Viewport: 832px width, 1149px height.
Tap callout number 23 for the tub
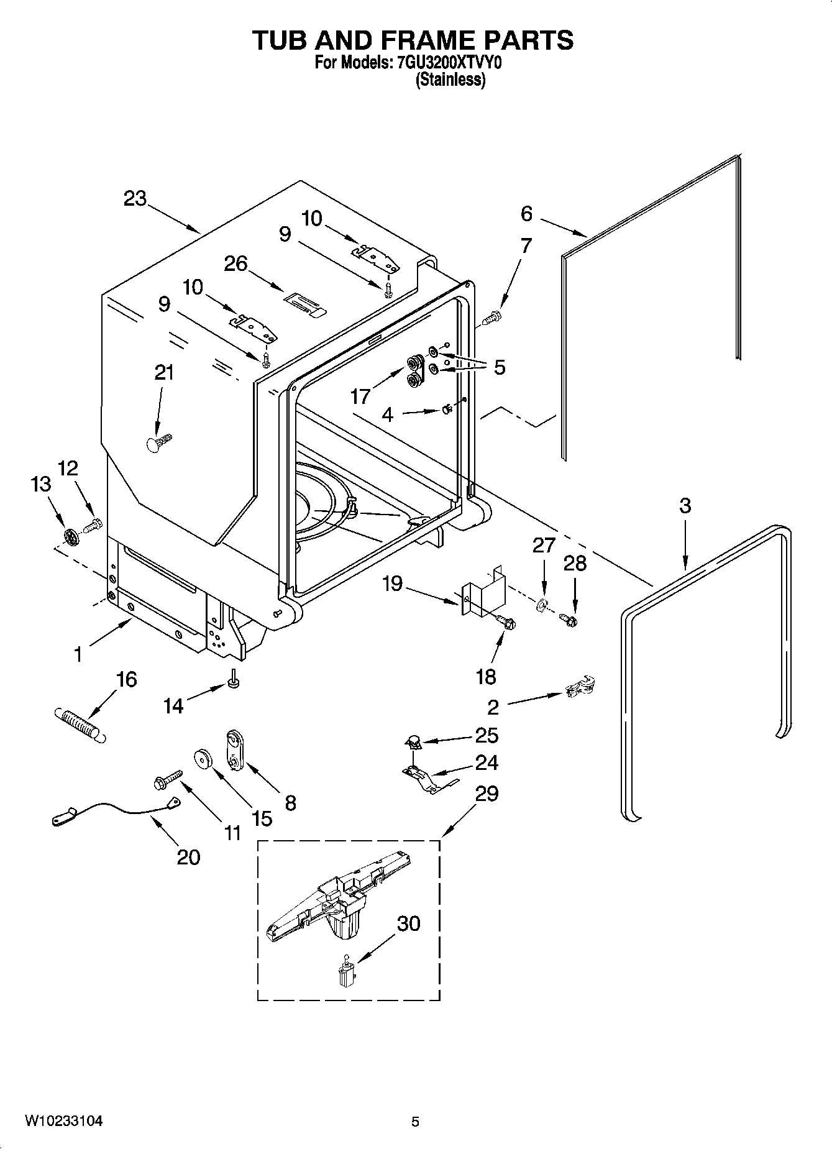pyautogui.click(x=135, y=199)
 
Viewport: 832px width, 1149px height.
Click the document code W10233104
pyautogui.click(x=64, y=1121)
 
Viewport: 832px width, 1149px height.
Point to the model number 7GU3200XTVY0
pyautogui.click(x=448, y=63)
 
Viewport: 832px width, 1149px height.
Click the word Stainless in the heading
pyautogui.click(x=450, y=80)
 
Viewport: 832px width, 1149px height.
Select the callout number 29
pyautogui.click(x=486, y=794)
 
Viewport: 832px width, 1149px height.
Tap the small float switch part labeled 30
pyautogui.click(x=345, y=973)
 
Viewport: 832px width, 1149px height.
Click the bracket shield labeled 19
pyautogui.click(x=483, y=593)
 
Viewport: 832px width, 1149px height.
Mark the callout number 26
pyautogui.click(x=235, y=263)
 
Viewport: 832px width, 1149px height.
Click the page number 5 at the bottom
pyautogui.click(x=415, y=1122)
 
